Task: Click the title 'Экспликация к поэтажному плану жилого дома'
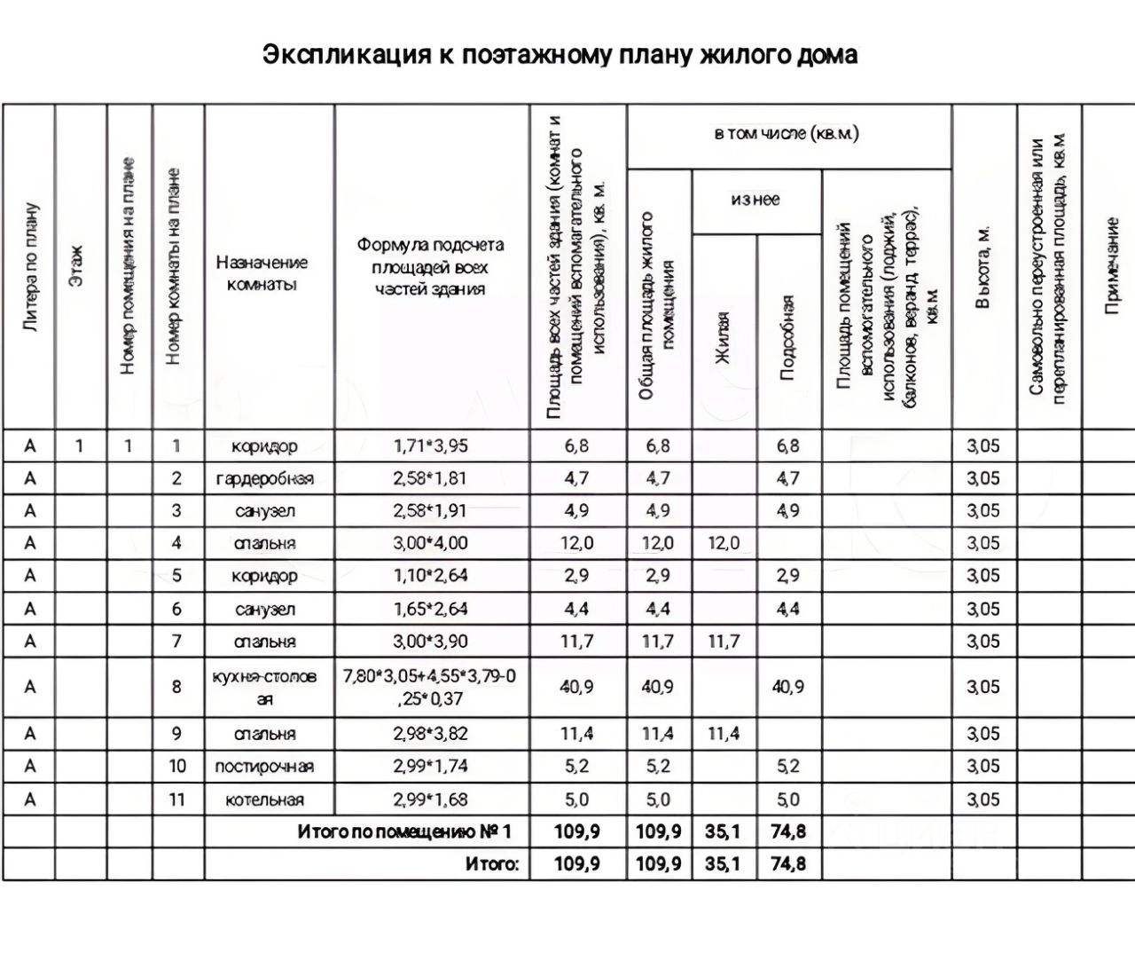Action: point(560,55)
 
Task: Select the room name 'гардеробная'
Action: point(264,478)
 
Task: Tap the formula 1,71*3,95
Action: point(430,445)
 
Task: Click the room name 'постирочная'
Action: point(264,767)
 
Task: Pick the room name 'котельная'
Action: point(264,800)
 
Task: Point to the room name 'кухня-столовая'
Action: point(264,688)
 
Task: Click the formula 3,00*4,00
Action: point(430,543)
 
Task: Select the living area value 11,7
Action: point(724,642)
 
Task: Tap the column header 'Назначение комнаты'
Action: point(262,273)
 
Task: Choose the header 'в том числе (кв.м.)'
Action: point(787,134)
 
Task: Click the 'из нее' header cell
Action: point(755,200)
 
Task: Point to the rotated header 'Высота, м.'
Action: point(982,266)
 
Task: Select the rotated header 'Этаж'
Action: point(78,266)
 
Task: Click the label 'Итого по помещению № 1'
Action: point(404,832)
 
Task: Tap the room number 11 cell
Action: point(177,800)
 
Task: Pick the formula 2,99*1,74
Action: point(430,767)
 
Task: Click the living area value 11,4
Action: point(724,734)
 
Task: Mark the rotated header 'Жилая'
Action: point(724,337)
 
